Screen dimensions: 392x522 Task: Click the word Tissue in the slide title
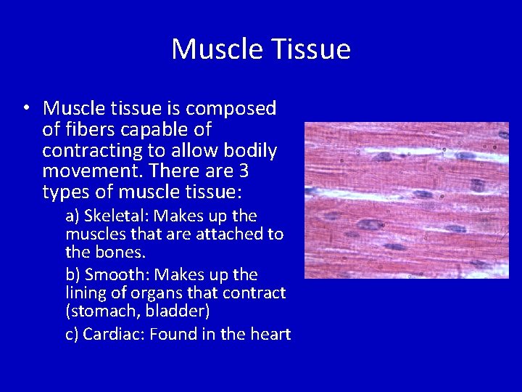click(312, 49)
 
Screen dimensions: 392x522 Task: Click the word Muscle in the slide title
click(217, 49)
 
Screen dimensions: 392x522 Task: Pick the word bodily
click(252, 151)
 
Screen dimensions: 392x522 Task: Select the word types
click(67, 193)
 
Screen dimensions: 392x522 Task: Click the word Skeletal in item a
click(116, 216)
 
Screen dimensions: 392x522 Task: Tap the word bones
click(125, 253)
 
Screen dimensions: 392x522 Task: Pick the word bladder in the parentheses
click(178, 311)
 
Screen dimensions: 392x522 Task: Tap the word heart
click(270, 334)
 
